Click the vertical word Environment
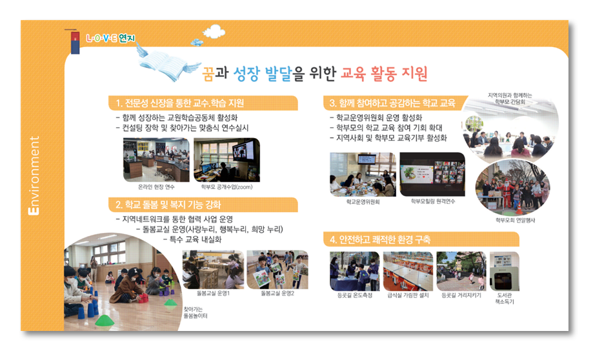[34, 175]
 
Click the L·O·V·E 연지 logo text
[110, 38]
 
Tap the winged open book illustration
[168, 63]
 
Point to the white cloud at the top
[214, 32]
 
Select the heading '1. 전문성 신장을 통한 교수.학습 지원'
[179, 103]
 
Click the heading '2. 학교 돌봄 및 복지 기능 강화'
[168, 205]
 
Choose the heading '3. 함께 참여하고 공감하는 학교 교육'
[392, 103]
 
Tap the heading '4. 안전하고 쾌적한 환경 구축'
[379, 239]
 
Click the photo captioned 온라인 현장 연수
[156, 159]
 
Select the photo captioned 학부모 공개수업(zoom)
[227, 159]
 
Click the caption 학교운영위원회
[363, 202]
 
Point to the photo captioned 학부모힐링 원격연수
[432, 174]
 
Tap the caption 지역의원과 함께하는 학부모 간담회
[510, 99]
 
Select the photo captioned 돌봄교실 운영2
[277, 270]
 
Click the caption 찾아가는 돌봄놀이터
[196, 313]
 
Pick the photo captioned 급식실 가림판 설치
[408, 271]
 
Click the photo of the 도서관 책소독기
[505, 272]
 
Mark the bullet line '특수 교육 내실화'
[192, 240]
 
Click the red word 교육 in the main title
[353, 74]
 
